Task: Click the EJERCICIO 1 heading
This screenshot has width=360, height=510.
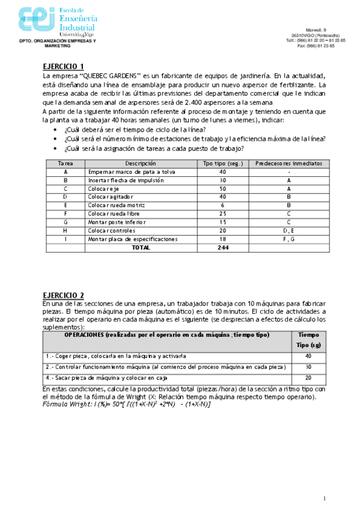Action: [64, 66]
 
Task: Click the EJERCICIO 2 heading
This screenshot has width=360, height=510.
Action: [64, 295]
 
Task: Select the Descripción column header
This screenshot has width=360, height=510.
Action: [141, 163]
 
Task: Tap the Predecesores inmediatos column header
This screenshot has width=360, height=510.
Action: [288, 163]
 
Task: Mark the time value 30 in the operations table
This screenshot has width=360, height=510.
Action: [308, 366]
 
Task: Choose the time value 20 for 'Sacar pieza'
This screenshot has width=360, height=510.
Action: [308, 378]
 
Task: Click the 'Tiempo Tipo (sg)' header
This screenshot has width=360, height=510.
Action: [308, 340]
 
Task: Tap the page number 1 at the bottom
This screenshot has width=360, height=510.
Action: [324, 498]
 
